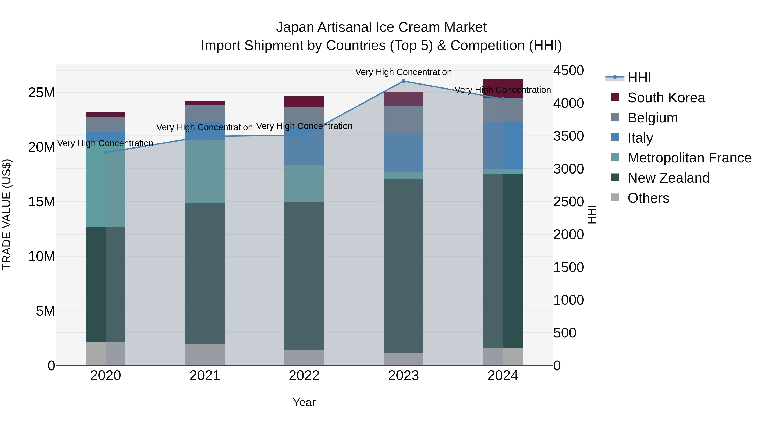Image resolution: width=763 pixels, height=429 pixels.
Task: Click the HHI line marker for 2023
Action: coord(403,81)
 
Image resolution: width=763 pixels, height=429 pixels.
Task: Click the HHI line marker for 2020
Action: coord(106,153)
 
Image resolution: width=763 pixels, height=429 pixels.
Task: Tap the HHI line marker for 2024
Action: coord(503,99)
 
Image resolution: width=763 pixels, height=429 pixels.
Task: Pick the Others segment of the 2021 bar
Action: coord(205,354)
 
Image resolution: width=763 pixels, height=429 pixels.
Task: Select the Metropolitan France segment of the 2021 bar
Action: coord(205,172)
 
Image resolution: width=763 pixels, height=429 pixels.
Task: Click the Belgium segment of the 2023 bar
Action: coord(403,119)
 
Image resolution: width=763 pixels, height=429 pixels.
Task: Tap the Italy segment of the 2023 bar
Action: coord(403,153)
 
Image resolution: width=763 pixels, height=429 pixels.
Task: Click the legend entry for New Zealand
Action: coord(668,178)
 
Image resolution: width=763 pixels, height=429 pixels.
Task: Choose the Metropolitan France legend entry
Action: coord(689,158)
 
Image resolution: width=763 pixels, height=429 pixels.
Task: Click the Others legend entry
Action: coord(648,198)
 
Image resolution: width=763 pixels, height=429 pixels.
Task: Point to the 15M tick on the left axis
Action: coord(42,202)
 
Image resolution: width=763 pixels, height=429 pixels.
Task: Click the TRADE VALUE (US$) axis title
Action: coord(7,214)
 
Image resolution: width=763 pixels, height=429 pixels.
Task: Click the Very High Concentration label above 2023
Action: coord(403,72)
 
